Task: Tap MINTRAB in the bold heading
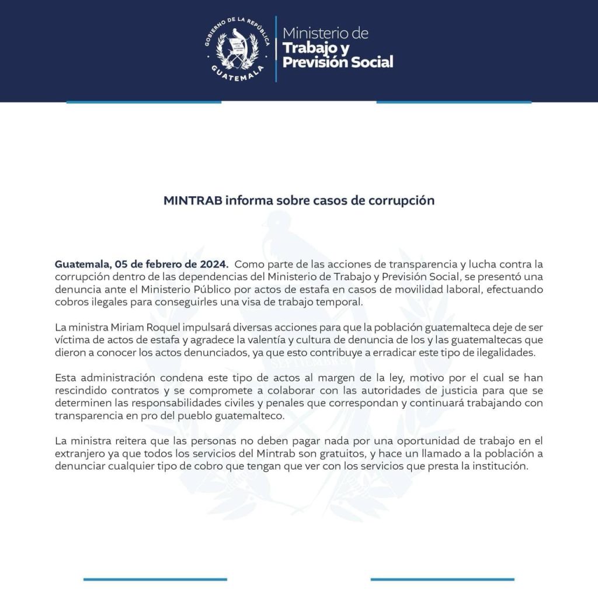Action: point(193,200)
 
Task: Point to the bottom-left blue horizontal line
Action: point(155,579)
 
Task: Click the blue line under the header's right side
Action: point(454,102)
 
